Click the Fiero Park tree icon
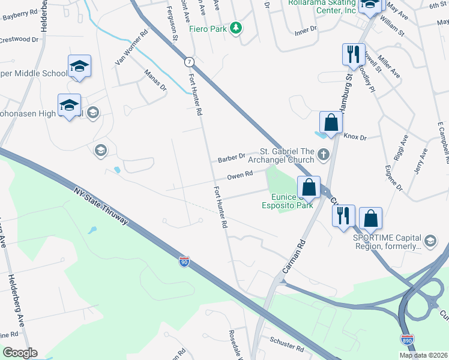tap(237, 28)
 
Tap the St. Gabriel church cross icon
tap(324, 155)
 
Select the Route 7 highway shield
tap(189, 62)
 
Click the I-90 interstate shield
tap(185, 262)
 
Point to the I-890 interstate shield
tap(406, 338)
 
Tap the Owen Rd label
tap(239, 175)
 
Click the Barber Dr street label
tap(232, 158)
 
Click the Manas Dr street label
tap(155, 80)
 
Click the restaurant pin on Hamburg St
tap(352, 55)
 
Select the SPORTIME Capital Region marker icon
tap(430, 241)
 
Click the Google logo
tap(20, 353)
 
